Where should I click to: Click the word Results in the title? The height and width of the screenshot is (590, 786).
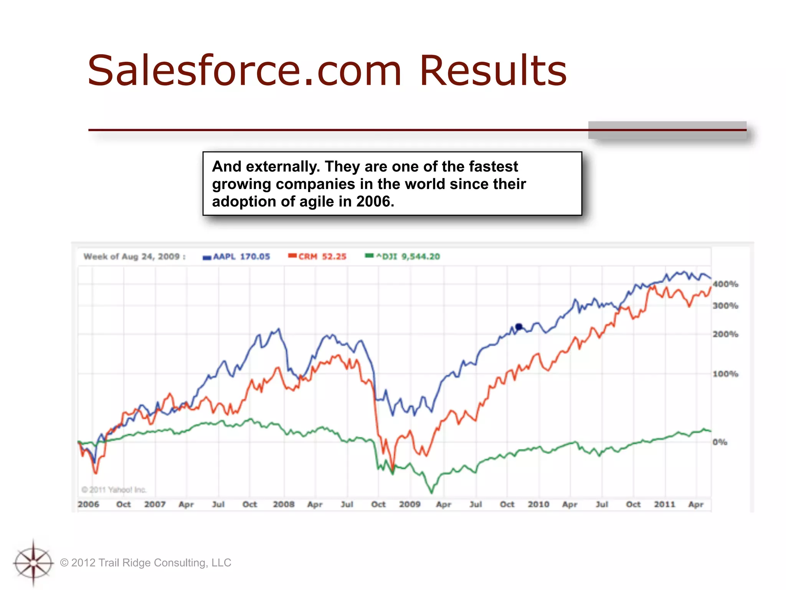click(493, 71)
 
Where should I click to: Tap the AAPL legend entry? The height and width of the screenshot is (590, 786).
click(237, 257)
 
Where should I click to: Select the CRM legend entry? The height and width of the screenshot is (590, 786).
click(318, 257)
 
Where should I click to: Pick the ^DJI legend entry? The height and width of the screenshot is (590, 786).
click(403, 257)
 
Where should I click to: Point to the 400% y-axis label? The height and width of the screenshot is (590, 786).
click(725, 284)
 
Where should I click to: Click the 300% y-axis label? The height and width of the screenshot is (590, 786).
click(725, 306)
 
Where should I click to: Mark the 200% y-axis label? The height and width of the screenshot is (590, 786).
click(725, 334)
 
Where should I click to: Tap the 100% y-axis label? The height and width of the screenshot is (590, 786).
click(725, 374)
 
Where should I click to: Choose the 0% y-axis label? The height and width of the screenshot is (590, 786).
click(720, 442)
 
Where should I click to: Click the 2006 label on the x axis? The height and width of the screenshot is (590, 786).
click(88, 504)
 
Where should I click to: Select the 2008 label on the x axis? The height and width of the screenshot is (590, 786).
click(284, 504)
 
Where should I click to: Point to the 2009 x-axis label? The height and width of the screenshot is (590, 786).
click(410, 504)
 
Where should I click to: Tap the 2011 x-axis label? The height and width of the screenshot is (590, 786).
click(664, 504)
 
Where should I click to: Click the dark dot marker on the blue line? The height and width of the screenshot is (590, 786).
click(519, 327)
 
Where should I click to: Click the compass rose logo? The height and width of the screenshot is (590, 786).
click(33, 563)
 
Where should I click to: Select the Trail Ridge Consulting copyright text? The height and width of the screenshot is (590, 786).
click(146, 563)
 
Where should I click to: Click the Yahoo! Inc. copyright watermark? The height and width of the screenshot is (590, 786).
click(114, 490)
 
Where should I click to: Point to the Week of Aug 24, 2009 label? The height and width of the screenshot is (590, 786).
click(134, 257)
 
